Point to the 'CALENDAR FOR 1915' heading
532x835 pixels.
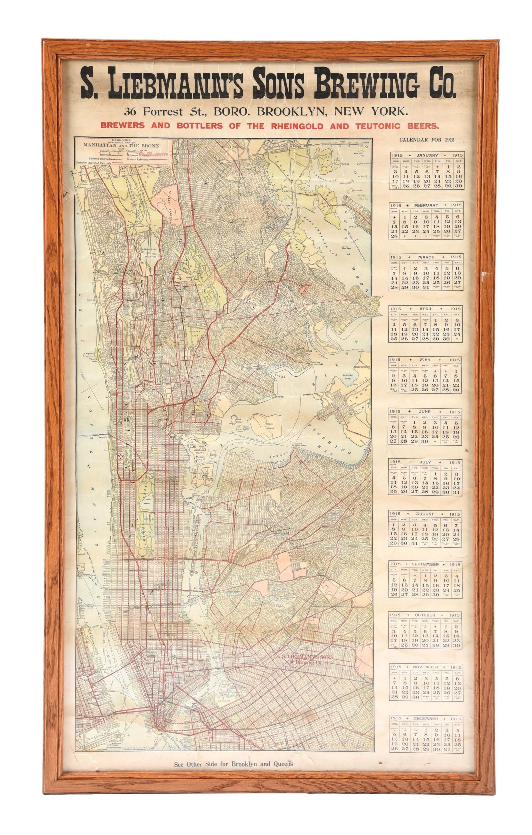427,140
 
